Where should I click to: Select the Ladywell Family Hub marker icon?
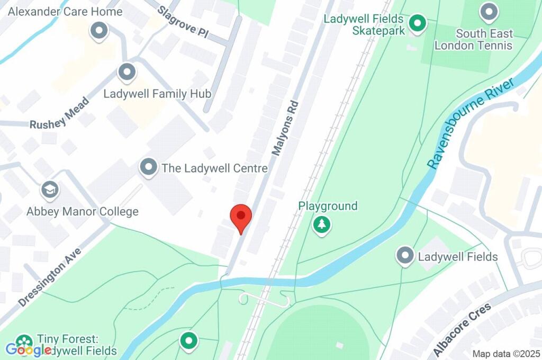(x=127, y=72)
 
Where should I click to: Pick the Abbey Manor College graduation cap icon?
(x=50, y=190)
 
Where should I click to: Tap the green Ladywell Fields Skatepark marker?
(x=418, y=23)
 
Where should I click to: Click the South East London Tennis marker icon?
(x=489, y=12)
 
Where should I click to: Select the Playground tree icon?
(x=321, y=225)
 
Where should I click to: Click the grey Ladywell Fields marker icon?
(x=405, y=256)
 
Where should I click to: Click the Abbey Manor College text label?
(x=83, y=212)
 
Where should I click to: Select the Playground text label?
(x=328, y=206)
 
